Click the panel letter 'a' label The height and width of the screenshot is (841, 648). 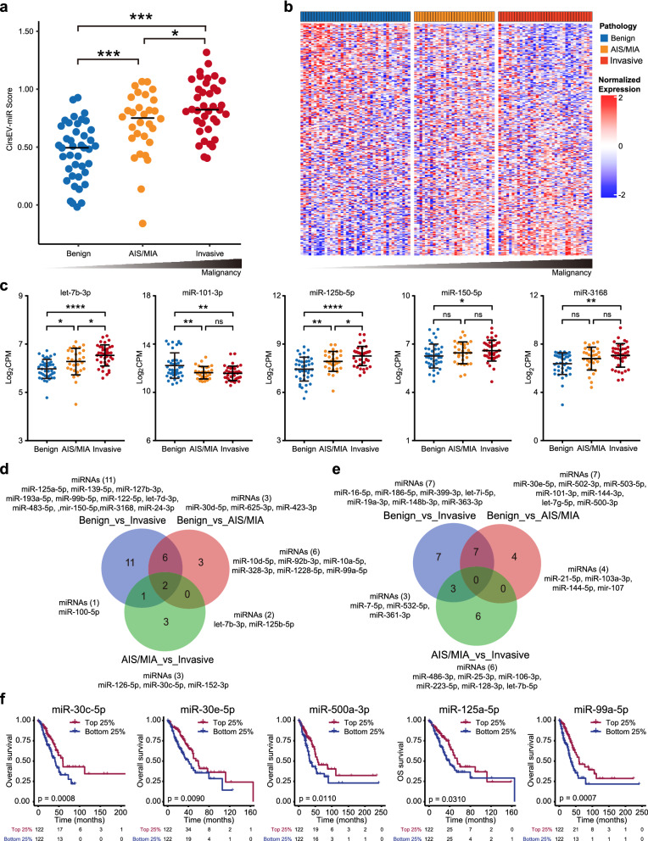click(8, 9)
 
